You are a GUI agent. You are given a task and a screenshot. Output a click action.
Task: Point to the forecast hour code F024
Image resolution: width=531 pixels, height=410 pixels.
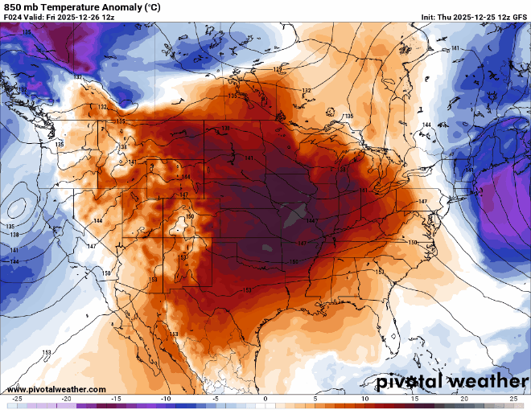[x=14, y=18]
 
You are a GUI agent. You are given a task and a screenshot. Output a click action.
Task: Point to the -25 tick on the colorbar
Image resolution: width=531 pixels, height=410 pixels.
[x=17, y=399]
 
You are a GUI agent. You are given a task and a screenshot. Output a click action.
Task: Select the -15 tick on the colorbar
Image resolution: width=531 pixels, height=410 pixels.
[x=117, y=399]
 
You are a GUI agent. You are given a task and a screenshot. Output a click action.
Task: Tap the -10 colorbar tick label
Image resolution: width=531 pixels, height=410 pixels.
[x=166, y=399]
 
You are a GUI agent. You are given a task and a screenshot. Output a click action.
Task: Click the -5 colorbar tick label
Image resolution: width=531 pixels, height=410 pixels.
[x=216, y=399]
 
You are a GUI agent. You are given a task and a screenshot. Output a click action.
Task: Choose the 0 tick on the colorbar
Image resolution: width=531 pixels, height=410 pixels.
[x=265, y=399]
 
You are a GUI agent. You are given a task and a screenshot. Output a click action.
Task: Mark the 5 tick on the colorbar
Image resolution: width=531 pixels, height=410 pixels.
[x=315, y=399]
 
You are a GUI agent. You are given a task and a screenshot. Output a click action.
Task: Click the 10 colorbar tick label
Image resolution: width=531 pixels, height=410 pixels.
[x=364, y=399]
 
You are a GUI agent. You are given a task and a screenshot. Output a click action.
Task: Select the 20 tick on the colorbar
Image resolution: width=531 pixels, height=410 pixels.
[x=464, y=399]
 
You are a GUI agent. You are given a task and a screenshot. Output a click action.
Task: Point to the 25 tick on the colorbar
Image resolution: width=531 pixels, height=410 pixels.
[x=513, y=399]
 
